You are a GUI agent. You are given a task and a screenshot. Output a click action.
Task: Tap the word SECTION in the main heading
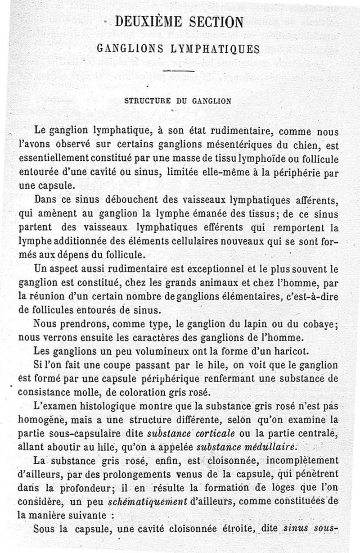(x=216, y=22)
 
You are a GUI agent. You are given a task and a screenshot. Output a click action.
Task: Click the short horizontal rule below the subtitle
(x=179, y=71)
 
